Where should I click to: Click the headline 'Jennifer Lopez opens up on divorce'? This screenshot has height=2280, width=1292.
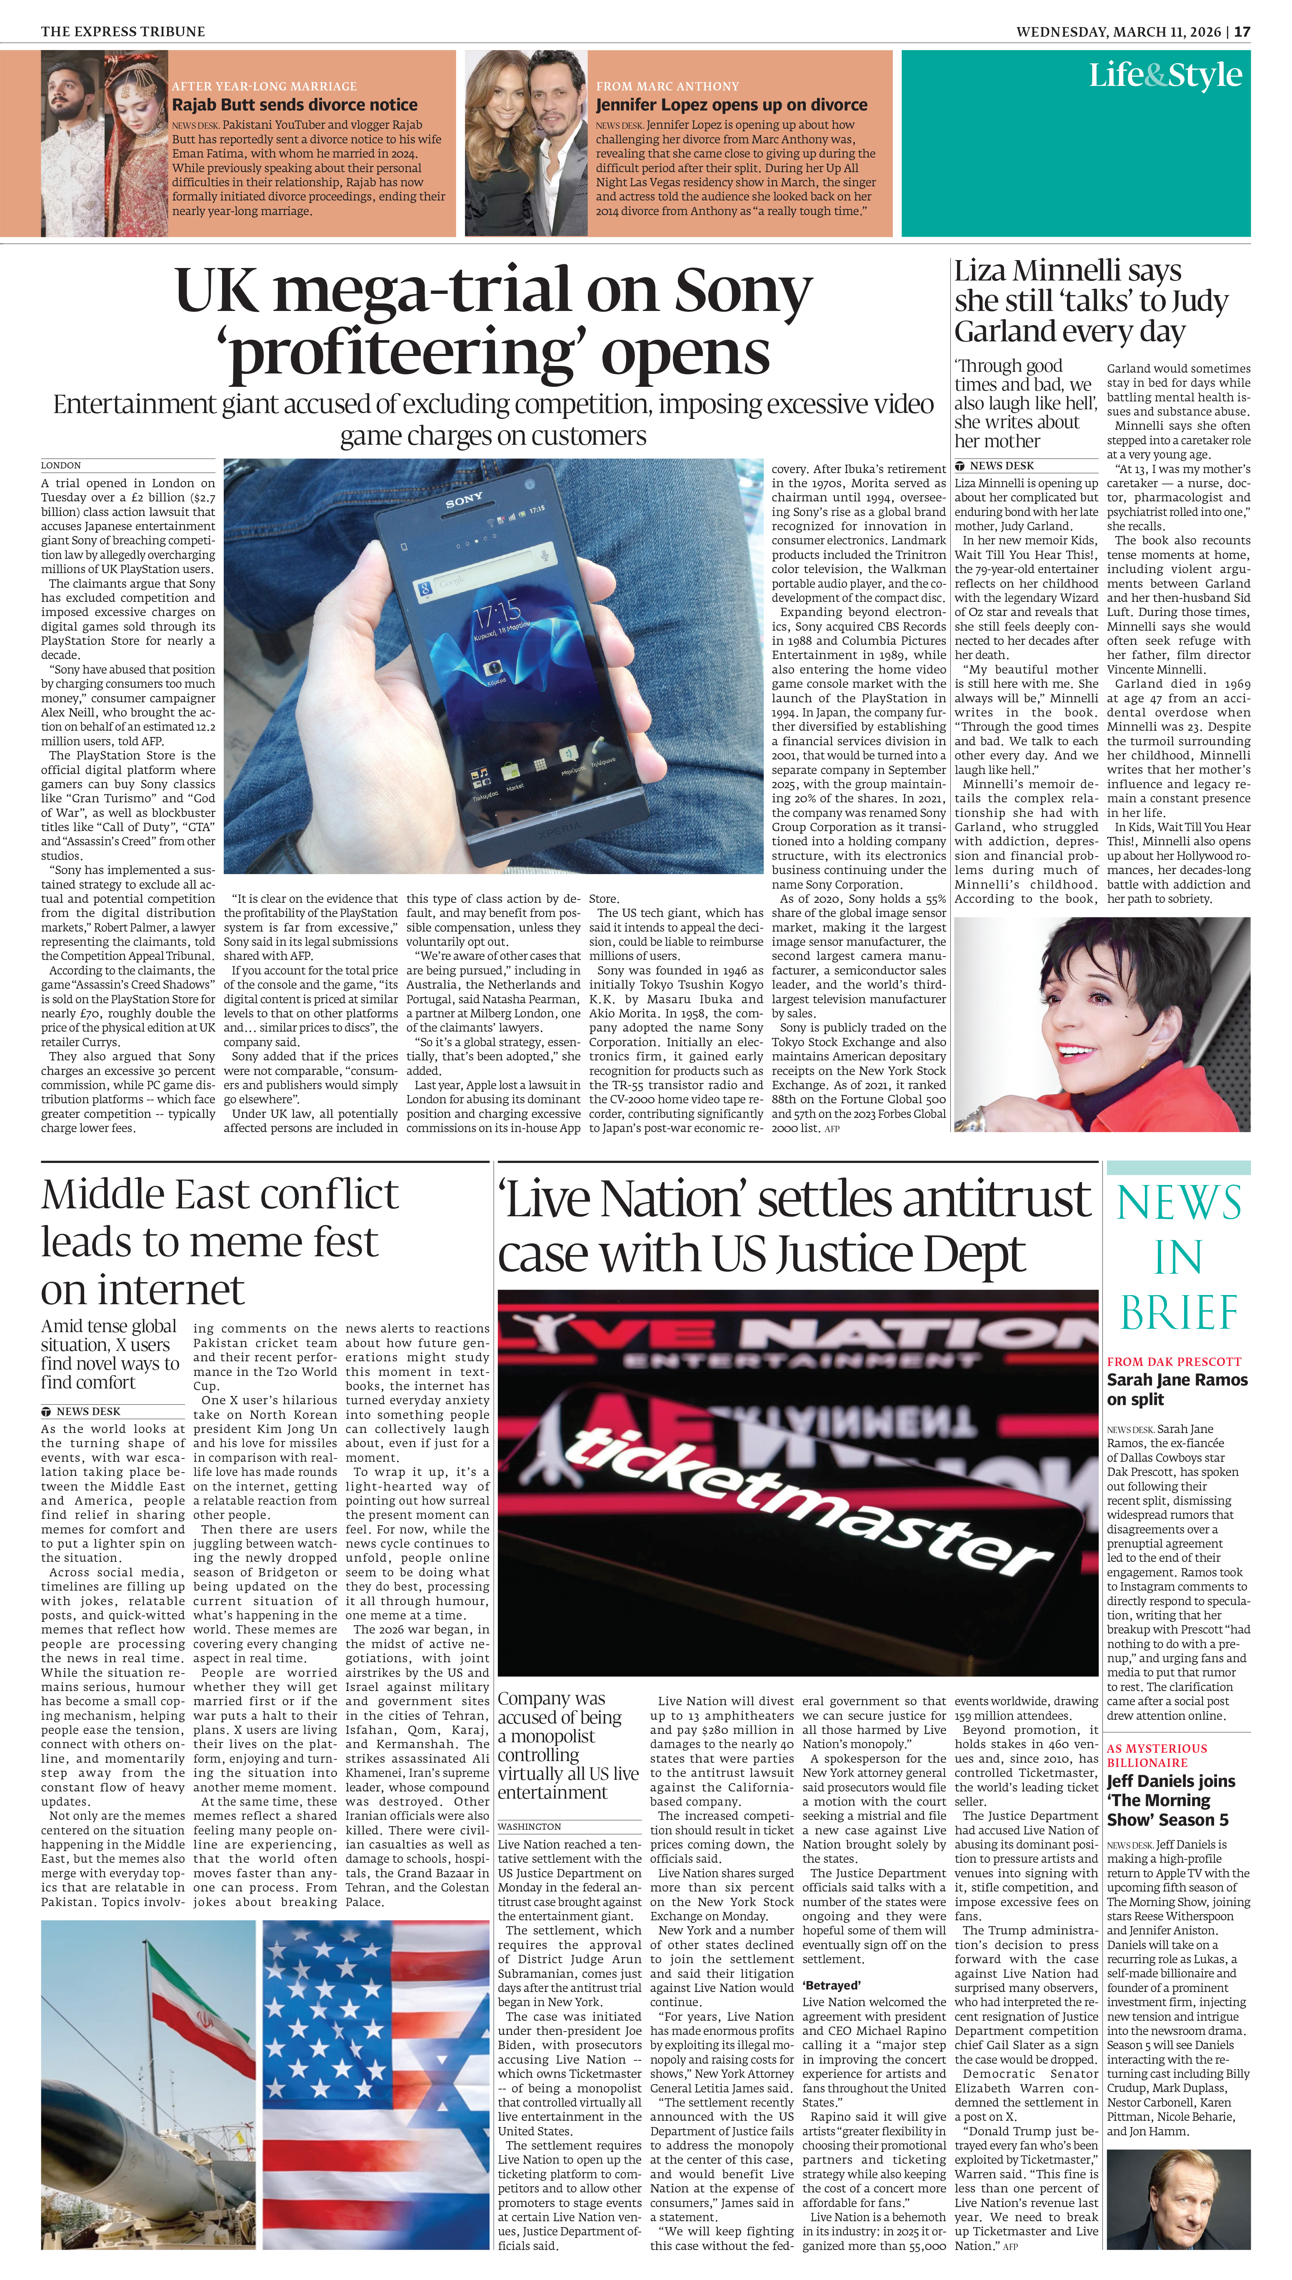coord(731,105)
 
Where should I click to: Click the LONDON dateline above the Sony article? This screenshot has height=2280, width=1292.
coord(61,465)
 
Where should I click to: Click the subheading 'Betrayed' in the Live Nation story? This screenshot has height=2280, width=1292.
coord(831,1985)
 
